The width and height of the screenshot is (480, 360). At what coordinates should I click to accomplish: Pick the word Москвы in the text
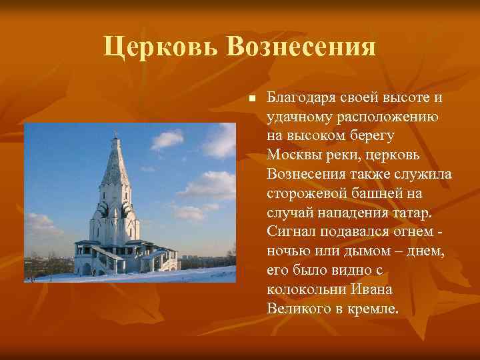tap(291, 155)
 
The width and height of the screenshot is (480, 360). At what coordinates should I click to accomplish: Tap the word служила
tap(427, 175)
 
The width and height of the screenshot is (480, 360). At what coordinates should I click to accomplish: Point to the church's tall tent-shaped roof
tap(115, 167)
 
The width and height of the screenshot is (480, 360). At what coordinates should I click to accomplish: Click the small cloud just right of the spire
tap(166, 139)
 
